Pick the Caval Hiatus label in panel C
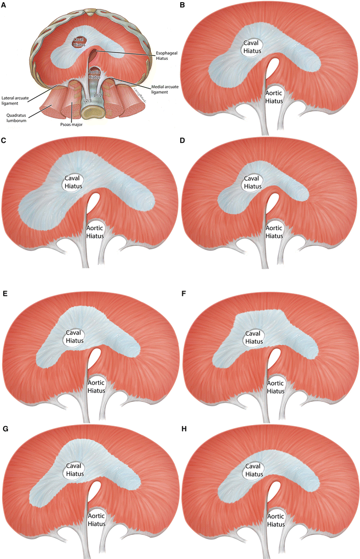(71, 182)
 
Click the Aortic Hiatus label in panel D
(274, 232)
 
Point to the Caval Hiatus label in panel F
(253, 337)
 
